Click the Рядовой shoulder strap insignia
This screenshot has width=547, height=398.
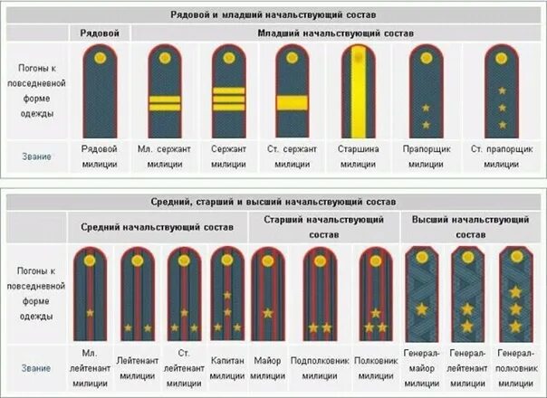pos(99,90)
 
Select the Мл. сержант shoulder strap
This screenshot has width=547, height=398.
pos(165,90)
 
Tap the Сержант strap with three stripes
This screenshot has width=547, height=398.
pos(228,90)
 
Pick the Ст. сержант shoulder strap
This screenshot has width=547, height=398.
pos(292,90)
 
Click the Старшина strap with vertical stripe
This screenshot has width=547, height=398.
pos(358,90)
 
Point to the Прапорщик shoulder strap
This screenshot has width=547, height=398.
pos(425,90)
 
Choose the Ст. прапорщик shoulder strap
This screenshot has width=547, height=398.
pos(501,90)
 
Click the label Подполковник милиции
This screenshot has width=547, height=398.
pos(320,367)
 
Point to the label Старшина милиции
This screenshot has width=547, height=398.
pos(358,156)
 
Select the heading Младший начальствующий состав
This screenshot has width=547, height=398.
pos(335,33)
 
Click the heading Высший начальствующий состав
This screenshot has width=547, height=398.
pos(470,226)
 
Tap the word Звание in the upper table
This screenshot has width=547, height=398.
pos(37,156)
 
